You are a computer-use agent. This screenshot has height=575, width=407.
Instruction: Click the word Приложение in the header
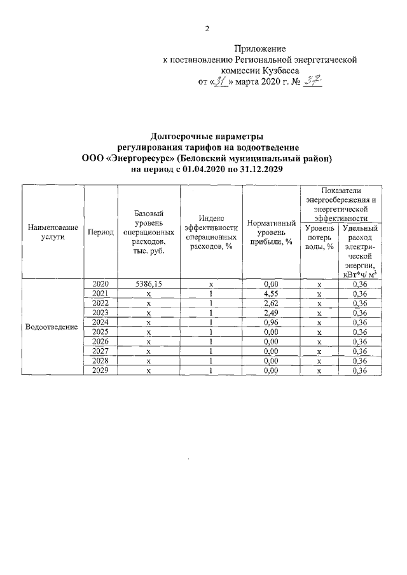tap(259, 48)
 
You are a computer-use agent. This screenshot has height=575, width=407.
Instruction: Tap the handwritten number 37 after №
tap(311, 81)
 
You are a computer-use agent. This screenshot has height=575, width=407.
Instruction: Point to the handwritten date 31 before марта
tap(221, 82)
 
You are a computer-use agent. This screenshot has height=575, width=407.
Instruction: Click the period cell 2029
tap(101, 370)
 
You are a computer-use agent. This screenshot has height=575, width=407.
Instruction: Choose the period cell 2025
tap(101, 332)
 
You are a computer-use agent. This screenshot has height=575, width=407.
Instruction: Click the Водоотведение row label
tap(52, 327)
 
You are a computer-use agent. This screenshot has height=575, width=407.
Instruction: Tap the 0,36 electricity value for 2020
tap(360, 285)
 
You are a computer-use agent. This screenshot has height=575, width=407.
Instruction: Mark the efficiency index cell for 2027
tap(210, 351)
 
